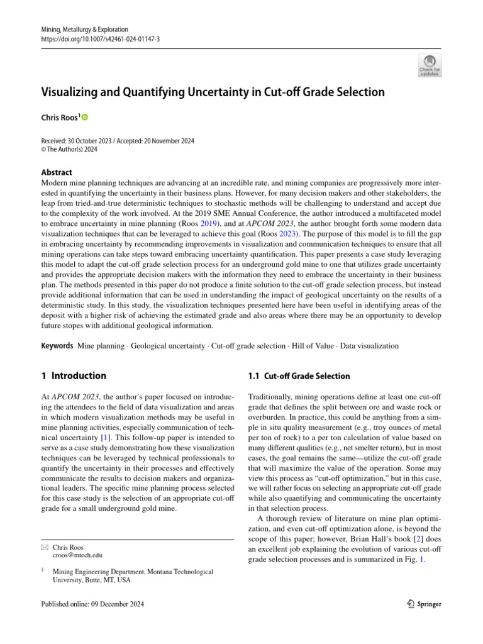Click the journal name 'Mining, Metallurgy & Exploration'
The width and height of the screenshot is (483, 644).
point(84,30)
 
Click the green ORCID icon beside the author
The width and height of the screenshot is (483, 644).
point(85,117)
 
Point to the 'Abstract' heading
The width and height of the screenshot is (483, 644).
point(57,172)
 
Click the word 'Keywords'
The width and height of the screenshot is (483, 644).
point(57,346)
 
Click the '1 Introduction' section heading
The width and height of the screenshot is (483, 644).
point(74,376)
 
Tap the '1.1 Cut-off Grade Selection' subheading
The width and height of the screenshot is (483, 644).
point(299,376)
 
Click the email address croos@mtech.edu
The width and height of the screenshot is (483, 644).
point(77,555)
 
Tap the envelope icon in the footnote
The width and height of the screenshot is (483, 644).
point(43,547)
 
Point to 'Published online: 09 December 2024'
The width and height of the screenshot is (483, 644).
point(92,604)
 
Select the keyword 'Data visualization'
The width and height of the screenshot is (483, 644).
point(376,346)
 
